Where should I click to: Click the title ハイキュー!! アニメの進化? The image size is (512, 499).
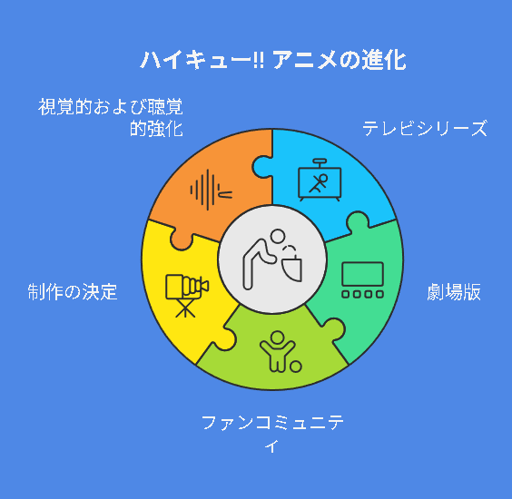pyautogui.click(x=273, y=60)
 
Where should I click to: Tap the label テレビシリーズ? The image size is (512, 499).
pyautogui.click(x=425, y=128)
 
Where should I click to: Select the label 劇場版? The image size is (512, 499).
pyautogui.click(x=454, y=292)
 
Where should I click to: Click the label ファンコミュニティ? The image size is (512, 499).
pyautogui.click(x=272, y=434)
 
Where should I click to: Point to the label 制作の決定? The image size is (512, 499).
pyautogui.click(x=73, y=292)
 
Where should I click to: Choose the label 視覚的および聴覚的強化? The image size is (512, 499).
pyautogui.click(x=111, y=117)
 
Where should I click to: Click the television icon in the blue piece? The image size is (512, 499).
pyautogui.click(x=320, y=181)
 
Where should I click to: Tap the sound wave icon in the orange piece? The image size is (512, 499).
pyautogui.click(x=212, y=190)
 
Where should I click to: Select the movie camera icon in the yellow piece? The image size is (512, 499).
pyautogui.click(x=187, y=296)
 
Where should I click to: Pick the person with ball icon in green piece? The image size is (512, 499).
pyautogui.click(x=281, y=351)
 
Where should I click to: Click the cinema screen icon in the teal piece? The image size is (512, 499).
pyautogui.click(x=362, y=280)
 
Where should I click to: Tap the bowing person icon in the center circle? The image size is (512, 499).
pyautogui.click(x=272, y=259)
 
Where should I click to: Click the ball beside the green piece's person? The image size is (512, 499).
pyautogui.click(x=296, y=367)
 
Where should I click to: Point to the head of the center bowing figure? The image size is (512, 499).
pyautogui.click(x=278, y=236)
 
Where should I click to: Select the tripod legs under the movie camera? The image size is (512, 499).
pyautogui.click(x=185, y=308)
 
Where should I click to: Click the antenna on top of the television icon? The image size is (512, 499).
pyautogui.click(x=320, y=162)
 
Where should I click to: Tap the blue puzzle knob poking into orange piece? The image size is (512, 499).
pyautogui.click(x=261, y=167)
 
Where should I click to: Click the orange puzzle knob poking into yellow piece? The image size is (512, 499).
pyautogui.click(x=182, y=240)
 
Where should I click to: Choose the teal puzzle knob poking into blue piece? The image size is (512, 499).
pyautogui.click(x=358, y=221)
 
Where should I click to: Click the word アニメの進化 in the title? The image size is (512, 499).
pyautogui.click(x=340, y=60)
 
